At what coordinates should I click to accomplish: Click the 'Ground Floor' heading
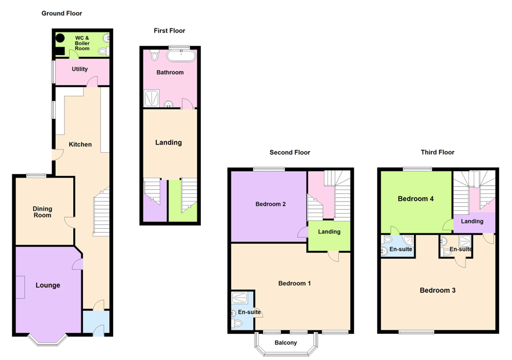[x=62, y=13]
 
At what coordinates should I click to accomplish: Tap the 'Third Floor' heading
[x=437, y=152]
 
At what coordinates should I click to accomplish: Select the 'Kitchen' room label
[x=80, y=144]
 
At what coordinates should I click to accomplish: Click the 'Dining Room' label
[x=42, y=212]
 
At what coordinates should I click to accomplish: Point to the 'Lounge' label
[x=48, y=285]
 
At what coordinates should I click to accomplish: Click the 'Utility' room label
[x=80, y=69]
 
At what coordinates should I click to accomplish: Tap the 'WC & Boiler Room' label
[x=82, y=43]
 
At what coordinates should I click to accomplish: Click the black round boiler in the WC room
[x=60, y=39]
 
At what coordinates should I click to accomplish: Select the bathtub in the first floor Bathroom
[x=181, y=56]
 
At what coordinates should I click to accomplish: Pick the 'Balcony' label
[x=285, y=343]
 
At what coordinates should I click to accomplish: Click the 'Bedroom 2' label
[x=270, y=204]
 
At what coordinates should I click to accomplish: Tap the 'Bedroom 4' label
[x=415, y=199]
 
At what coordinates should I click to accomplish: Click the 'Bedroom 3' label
[x=437, y=290]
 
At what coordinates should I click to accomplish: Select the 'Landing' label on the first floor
[x=168, y=142]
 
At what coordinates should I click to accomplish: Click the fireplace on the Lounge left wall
[x=20, y=287]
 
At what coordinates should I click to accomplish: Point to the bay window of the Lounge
[x=48, y=340]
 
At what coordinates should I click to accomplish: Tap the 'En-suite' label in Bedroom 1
[x=250, y=312]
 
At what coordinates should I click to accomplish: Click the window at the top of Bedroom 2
[x=269, y=169]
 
